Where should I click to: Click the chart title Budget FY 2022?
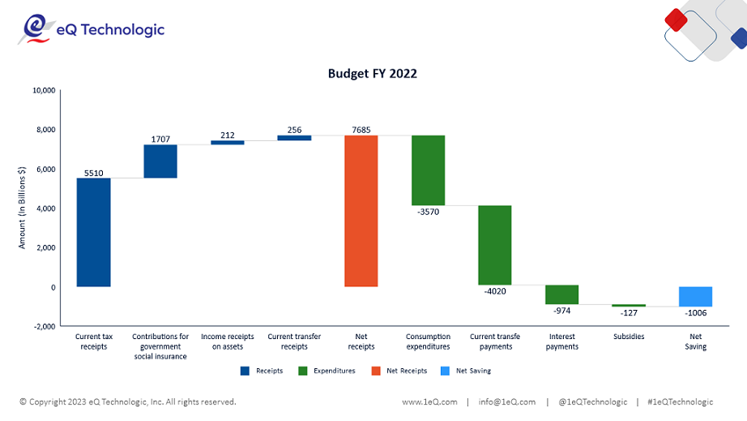[372, 73]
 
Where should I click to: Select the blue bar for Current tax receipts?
[93, 232]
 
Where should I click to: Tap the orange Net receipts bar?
[361, 211]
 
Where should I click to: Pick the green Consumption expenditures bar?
[428, 170]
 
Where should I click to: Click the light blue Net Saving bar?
[695, 296]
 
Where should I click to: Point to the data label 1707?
[160, 139]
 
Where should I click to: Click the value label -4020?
[494, 291]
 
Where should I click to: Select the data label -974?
[561, 311]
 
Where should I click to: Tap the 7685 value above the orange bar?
[361, 129]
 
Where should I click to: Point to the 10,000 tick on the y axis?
[42, 90]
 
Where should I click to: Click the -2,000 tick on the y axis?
[42, 326]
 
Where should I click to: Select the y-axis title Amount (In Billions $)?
[23, 208]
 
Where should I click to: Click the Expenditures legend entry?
[327, 371]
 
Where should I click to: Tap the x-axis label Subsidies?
[629, 337]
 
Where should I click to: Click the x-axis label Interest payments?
[561, 342]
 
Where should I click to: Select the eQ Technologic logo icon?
[34, 29]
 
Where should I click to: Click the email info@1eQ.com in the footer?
[506, 402]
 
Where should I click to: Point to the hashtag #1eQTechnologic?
[681, 402]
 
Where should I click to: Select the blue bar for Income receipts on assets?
[227, 143]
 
